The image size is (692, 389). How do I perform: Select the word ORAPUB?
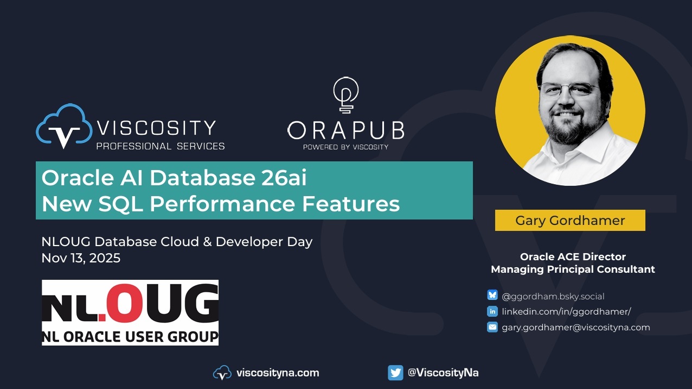click(x=345, y=130)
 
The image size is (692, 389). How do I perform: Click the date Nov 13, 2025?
click(x=81, y=258)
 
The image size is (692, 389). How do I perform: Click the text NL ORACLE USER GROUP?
click(x=130, y=336)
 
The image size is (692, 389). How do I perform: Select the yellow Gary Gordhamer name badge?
click(x=570, y=221)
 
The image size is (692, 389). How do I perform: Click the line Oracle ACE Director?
click(x=573, y=256)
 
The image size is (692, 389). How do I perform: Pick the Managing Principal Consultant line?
click(x=573, y=269)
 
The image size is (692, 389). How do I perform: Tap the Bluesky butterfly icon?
click(x=492, y=296)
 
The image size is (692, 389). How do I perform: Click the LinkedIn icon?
click(x=492, y=311)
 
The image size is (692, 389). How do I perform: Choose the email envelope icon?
click(x=492, y=327)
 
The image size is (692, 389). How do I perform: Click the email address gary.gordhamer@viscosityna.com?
click(x=576, y=327)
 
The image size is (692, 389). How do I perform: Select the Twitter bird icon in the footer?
click(x=395, y=373)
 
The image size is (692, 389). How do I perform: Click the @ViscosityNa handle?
click(x=443, y=373)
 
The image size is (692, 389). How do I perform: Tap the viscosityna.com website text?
click(x=278, y=373)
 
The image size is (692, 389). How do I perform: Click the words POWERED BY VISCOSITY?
click(x=345, y=147)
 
